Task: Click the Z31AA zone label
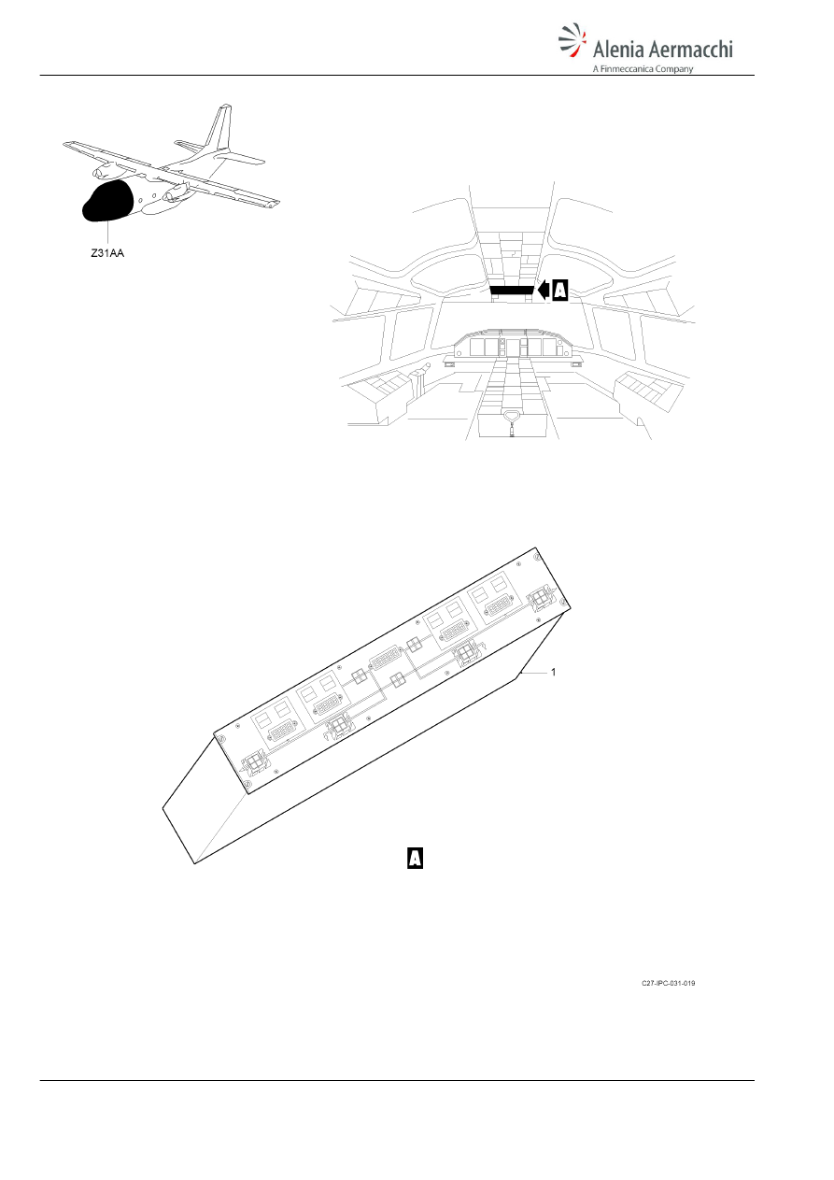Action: pyautogui.click(x=107, y=253)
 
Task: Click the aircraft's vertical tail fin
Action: pyautogui.click(x=219, y=128)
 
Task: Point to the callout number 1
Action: pyautogui.click(x=553, y=672)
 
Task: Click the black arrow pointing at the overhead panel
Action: pyautogui.click(x=544, y=291)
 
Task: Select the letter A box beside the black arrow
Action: pyautogui.click(x=560, y=291)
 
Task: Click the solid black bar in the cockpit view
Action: pyautogui.click(x=512, y=291)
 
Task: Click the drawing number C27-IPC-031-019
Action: pyautogui.click(x=668, y=983)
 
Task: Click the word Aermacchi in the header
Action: pyautogui.click(x=691, y=49)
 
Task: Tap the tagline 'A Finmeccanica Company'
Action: pyautogui.click(x=643, y=69)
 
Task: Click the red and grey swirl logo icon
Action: pyautogui.click(x=572, y=39)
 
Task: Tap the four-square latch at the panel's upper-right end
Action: pyautogui.click(x=540, y=599)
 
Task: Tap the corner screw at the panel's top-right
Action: pyautogui.click(x=536, y=557)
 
